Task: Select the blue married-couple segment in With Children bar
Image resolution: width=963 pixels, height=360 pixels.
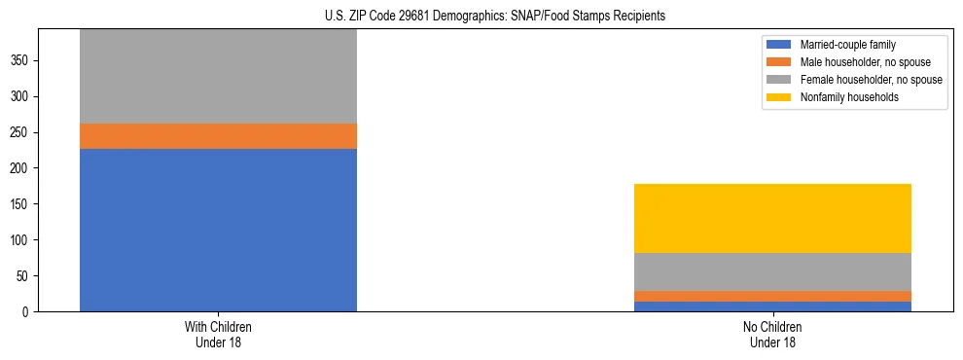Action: pos(218,230)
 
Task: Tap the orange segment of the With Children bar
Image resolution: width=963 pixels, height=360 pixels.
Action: pos(218,136)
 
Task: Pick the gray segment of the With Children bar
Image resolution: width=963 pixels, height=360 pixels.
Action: pos(218,76)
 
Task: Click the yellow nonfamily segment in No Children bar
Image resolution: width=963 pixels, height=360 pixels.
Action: pos(772,218)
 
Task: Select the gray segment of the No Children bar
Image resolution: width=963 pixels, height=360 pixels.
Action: pos(772,271)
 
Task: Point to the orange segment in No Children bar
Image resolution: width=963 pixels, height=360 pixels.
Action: pos(772,296)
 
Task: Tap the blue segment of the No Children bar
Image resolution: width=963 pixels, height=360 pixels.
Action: pos(772,306)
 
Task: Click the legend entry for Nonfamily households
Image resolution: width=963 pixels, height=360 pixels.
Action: pos(843,97)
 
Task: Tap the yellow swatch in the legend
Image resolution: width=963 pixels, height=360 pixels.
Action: pos(779,97)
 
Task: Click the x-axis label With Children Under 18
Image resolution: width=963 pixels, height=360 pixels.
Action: pos(218,335)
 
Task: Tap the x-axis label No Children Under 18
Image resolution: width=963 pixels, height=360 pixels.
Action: pos(772,335)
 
